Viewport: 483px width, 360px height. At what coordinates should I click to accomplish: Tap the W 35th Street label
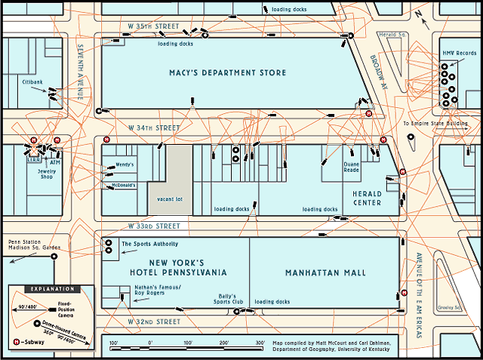coord(155,26)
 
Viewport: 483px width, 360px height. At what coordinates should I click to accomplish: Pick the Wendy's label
coord(125,165)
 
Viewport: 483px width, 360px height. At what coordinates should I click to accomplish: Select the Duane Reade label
coord(352,167)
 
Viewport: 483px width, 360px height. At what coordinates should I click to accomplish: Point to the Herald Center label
coord(367,198)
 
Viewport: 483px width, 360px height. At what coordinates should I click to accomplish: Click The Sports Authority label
coord(150,244)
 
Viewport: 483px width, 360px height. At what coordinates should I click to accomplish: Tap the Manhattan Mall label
coord(325,272)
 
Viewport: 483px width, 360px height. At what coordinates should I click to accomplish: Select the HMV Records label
coord(460,54)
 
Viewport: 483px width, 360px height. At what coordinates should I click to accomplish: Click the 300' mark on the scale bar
coord(260,343)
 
